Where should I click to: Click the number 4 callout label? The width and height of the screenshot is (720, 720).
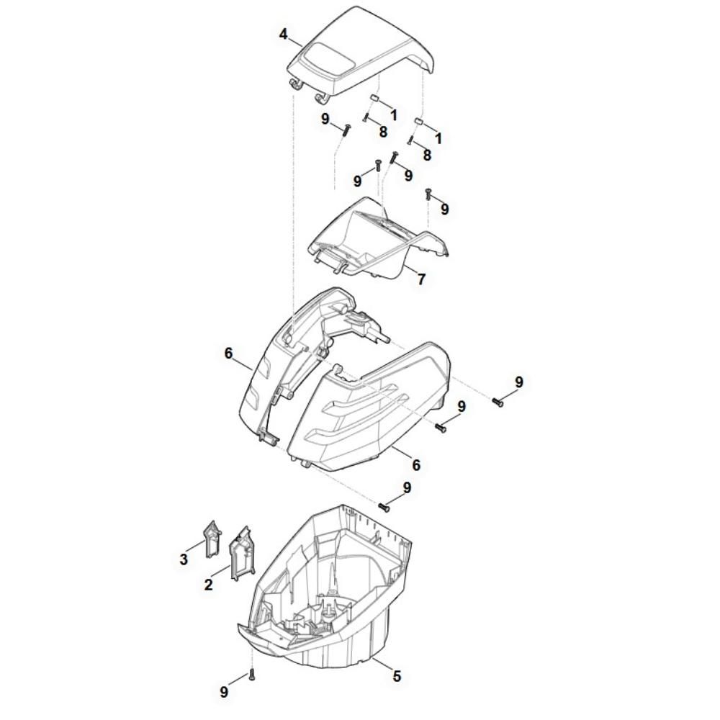(283, 35)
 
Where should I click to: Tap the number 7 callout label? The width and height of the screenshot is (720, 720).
(421, 279)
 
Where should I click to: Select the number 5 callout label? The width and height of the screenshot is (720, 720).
(397, 676)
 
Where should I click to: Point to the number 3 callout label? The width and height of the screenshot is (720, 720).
(184, 559)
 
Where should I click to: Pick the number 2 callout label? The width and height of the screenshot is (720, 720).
(209, 585)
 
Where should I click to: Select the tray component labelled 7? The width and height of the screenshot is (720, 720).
(379, 239)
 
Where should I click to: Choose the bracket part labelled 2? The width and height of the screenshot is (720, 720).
(241, 554)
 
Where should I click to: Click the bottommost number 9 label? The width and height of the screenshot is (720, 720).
(224, 692)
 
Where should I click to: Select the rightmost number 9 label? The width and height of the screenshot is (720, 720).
(519, 382)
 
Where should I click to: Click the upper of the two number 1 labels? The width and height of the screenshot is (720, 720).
(394, 114)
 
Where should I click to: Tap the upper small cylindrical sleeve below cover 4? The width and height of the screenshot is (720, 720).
(374, 99)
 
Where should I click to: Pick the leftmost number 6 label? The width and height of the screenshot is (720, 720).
(228, 353)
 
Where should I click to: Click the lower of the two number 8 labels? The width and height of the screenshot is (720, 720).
(427, 155)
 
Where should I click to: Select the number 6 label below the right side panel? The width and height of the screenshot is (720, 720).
(416, 464)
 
